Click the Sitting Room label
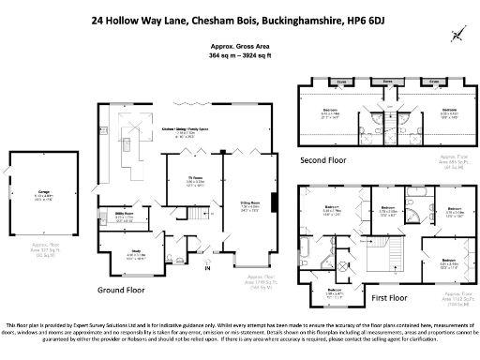(x=247, y=205)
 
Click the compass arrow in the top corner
(x=458, y=34)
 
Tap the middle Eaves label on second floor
(x=386, y=82)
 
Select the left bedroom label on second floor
(x=331, y=113)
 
